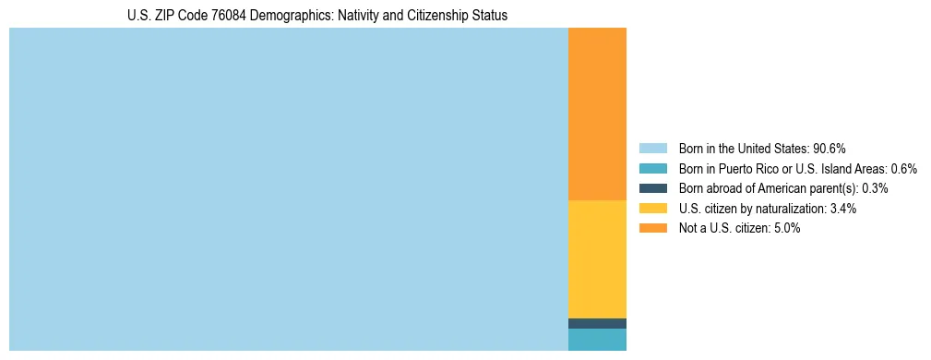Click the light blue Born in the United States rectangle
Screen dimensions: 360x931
pos(288,189)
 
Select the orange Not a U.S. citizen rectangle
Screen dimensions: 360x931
pos(597,114)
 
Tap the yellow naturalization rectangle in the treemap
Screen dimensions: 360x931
pos(597,258)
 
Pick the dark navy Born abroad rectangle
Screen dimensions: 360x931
pos(597,323)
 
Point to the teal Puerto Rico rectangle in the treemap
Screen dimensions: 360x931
pos(597,340)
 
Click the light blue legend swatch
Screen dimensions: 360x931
pos(652,149)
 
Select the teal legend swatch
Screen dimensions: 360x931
pos(652,169)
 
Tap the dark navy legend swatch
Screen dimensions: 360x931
pos(652,188)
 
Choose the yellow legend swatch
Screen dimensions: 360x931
pos(652,209)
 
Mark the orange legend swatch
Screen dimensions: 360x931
pos(652,229)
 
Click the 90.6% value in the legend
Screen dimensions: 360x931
pos(830,149)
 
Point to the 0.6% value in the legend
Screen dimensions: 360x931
pos(904,169)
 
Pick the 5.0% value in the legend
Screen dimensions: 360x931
pos(785,229)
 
